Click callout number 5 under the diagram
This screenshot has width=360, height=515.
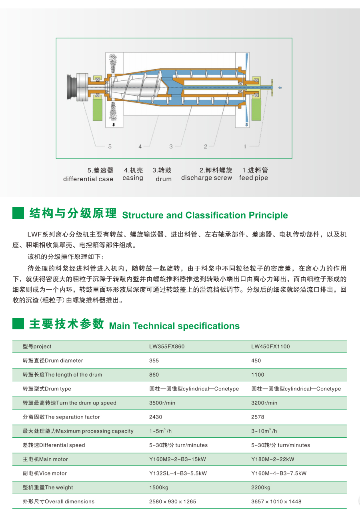[110, 146]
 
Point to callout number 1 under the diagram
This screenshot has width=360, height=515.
[245, 146]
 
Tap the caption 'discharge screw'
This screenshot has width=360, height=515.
[206, 178]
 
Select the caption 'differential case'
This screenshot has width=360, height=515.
[88, 179]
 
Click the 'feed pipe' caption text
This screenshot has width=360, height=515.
[254, 178]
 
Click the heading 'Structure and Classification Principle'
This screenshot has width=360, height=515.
[205, 215]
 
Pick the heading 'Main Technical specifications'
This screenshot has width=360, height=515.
[174, 326]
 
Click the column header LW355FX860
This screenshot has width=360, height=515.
[167, 347]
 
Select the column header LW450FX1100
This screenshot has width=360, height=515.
[270, 347]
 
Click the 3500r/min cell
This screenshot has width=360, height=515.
[162, 403]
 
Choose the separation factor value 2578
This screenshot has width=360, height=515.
[258, 417]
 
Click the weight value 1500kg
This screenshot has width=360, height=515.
[159, 487]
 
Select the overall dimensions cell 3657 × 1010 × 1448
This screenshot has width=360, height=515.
[276, 501]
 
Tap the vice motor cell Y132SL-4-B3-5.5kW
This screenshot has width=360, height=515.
[178, 473]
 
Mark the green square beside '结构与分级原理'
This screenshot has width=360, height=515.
[18, 213]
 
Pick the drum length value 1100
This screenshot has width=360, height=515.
[258, 375]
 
